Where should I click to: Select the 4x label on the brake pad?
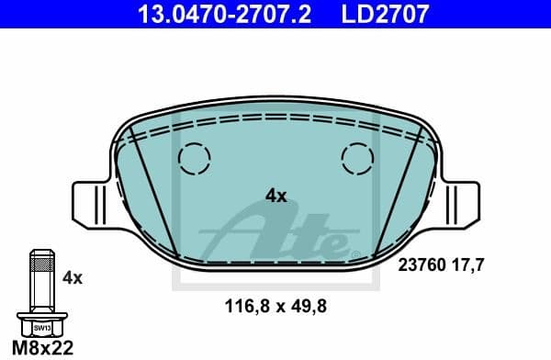tap(275, 195)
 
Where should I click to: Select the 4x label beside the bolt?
tap(72, 276)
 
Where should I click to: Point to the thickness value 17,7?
tap(468, 264)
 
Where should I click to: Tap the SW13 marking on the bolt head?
tap(41, 324)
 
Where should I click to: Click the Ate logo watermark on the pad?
tap(275, 230)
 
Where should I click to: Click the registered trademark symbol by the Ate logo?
tap(344, 248)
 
